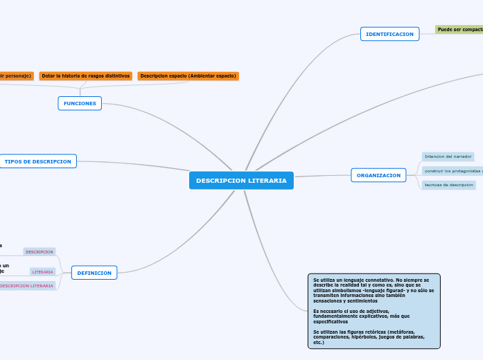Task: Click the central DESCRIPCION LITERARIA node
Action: tap(241, 181)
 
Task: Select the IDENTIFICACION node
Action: tap(389, 34)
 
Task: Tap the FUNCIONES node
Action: tap(80, 103)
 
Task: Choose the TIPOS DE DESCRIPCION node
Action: tap(38, 161)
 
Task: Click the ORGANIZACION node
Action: tap(378, 175)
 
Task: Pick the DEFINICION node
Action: tap(94, 273)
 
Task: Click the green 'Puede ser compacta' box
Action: tap(459, 30)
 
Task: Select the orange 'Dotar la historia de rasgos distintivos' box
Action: tap(86, 75)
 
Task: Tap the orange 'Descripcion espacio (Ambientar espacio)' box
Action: tap(188, 75)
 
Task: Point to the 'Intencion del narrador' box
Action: tap(448, 156)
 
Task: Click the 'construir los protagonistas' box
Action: tap(453, 170)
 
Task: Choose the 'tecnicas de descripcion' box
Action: tap(448, 185)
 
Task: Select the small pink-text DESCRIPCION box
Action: tap(39, 252)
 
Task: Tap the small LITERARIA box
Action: tap(42, 272)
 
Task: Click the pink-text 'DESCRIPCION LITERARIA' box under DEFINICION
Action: tap(26, 285)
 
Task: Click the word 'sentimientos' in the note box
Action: tap(358, 300)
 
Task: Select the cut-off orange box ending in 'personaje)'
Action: tap(15, 75)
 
